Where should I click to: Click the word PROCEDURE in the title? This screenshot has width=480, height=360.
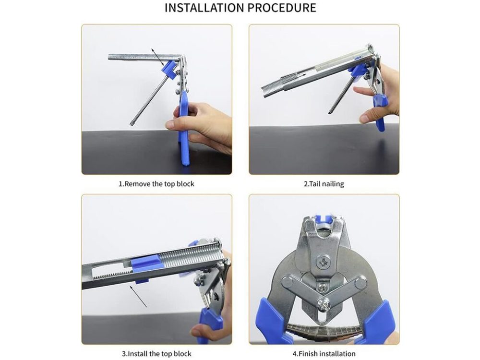(282, 8)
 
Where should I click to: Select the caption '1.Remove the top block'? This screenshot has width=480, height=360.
(156, 184)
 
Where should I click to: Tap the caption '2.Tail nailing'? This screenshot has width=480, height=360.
(324, 184)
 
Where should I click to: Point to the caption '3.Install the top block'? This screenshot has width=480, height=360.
(156, 354)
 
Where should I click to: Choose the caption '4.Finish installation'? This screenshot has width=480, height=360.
(324, 354)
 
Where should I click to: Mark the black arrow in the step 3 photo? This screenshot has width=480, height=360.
(138, 296)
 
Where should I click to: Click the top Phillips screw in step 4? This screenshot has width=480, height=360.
(324, 262)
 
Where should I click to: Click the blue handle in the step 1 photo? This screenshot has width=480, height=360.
(184, 129)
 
